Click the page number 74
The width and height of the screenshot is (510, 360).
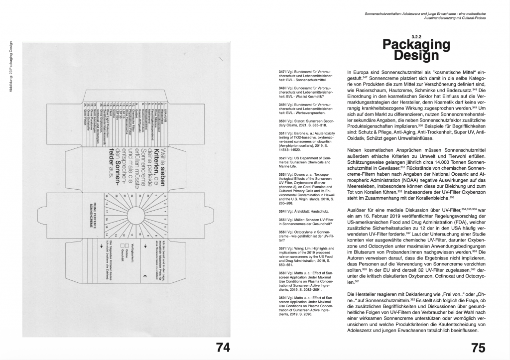[222, 347]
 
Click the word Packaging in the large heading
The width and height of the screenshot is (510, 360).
[416, 45]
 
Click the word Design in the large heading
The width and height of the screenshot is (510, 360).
[416, 56]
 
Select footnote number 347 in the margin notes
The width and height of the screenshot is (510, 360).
[282, 72]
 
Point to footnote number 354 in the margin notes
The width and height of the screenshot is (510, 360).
[282, 211]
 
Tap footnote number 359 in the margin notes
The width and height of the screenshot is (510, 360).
[282, 297]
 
